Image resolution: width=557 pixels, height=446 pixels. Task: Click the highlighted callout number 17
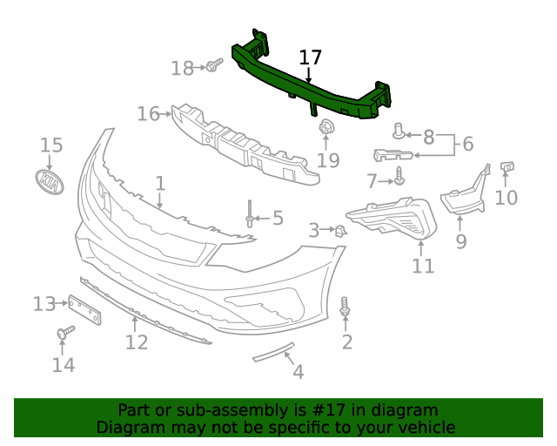click(311, 57)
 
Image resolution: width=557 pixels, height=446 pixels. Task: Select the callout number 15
click(51, 145)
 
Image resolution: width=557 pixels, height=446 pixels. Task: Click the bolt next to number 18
click(213, 66)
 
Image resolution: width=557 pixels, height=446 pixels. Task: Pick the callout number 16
click(149, 113)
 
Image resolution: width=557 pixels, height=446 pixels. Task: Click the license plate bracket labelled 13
click(85, 307)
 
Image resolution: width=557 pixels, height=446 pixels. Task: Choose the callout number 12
click(137, 342)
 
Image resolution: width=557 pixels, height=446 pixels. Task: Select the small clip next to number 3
click(341, 230)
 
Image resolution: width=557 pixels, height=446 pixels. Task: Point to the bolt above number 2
click(346, 307)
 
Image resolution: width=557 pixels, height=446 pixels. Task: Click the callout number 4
click(298, 372)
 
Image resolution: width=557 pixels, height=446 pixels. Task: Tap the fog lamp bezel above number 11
click(393, 219)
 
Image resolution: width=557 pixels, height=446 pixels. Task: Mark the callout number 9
click(461, 241)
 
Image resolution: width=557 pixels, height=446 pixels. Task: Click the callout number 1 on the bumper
click(160, 183)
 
